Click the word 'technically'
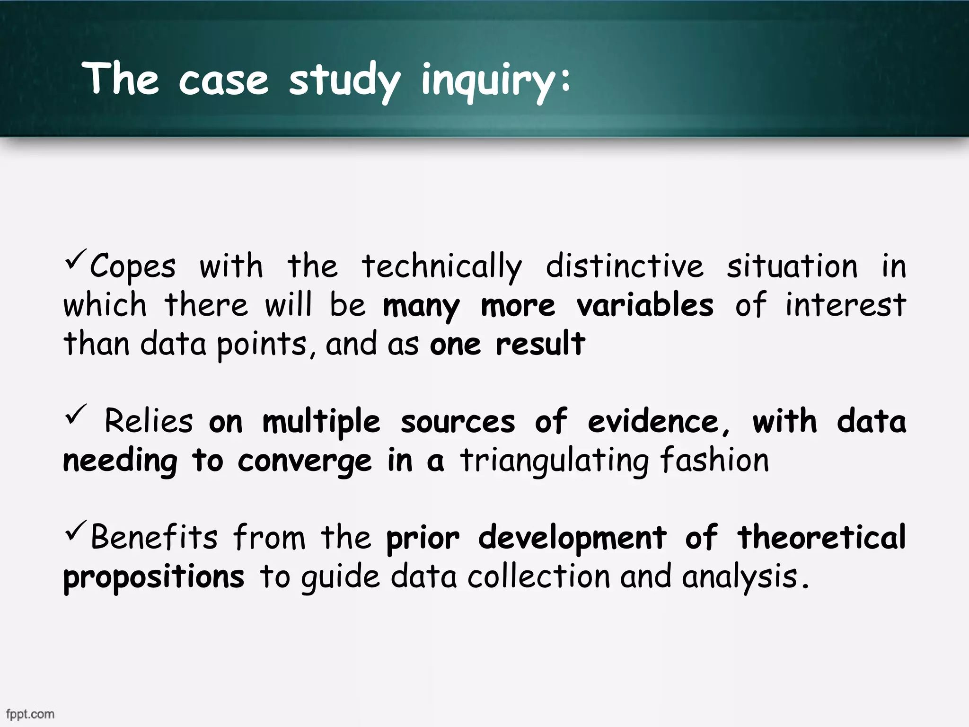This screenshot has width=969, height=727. click(x=442, y=267)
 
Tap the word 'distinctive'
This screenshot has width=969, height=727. click(x=625, y=266)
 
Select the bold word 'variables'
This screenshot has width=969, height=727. click(x=645, y=305)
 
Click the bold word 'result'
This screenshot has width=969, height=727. click(x=540, y=344)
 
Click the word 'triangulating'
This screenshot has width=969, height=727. click(x=554, y=461)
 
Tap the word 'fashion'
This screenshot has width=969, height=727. click(x=714, y=460)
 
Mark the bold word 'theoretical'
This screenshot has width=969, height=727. click(x=821, y=538)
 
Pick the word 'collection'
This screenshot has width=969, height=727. click(x=539, y=576)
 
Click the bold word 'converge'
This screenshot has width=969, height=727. click(x=305, y=461)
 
